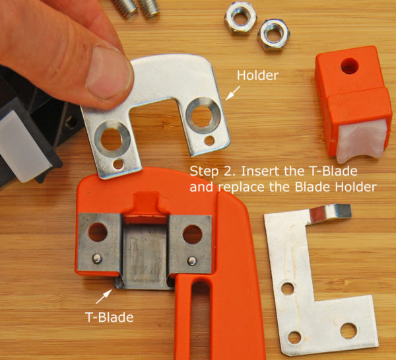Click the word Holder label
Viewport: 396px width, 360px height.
click(x=257, y=75)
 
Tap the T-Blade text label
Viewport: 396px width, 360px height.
click(x=109, y=317)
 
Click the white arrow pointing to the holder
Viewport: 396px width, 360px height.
click(x=233, y=93)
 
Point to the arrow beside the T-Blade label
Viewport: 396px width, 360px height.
click(x=104, y=297)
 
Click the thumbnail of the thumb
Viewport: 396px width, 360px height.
click(x=109, y=72)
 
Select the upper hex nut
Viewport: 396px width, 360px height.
click(x=240, y=18)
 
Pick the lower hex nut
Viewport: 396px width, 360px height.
click(x=273, y=36)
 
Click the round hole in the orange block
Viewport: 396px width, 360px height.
click(x=350, y=66)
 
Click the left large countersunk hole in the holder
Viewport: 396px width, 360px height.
click(x=112, y=139)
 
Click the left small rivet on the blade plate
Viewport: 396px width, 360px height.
click(x=97, y=258)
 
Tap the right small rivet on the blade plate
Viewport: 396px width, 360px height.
click(x=192, y=261)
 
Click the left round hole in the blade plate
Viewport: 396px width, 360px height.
click(x=98, y=232)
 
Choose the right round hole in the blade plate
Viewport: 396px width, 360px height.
click(x=193, y=234)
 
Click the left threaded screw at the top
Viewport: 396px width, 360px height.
click(x=125, y=7)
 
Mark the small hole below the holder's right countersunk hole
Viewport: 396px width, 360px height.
click(x=209, y=141)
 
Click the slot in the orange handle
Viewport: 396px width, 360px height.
click(x=201, y=319)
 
